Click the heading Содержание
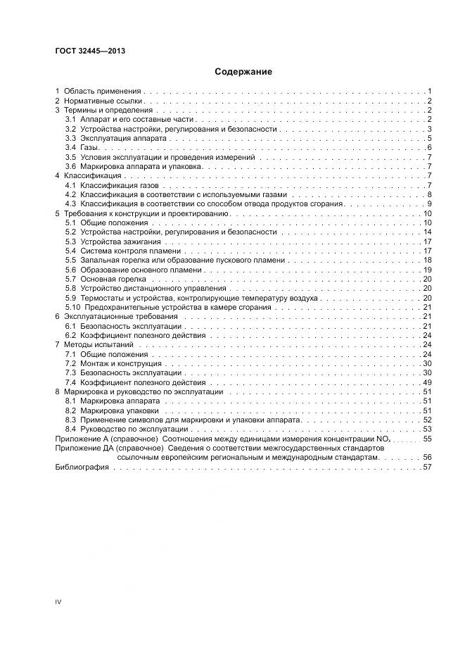point(243,72)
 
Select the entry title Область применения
point(103,92)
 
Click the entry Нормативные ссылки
point(104,101)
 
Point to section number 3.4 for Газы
point(70,147)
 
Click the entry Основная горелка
point(113,279)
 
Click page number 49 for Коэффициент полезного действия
point(426,382)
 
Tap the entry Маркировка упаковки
point(118,410)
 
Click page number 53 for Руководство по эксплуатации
point(426,429)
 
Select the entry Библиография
point(81,467)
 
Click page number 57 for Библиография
point(426,467)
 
